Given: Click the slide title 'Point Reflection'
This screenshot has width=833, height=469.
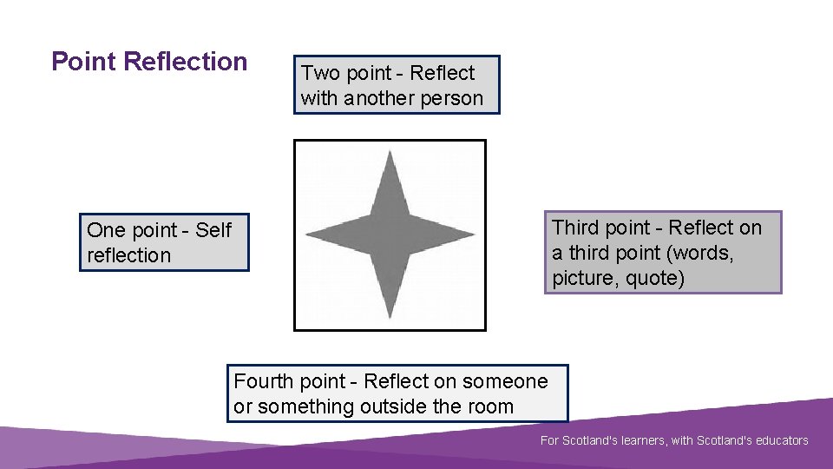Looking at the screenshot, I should pyautogui.click(x=149, y=62).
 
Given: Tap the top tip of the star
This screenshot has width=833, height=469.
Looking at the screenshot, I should pyautogui.click(x=390, y=154).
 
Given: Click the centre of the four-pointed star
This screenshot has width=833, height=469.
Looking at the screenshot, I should pyautogui.click(x=390, y=234).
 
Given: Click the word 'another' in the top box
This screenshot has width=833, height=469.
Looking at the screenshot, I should pyautogui.click(x=378, y=98).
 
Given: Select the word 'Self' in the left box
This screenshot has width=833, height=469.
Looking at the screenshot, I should pyautogui.click(x=213, y=230).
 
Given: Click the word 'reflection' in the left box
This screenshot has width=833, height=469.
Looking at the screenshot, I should pyautogui.click(x=129, y=255).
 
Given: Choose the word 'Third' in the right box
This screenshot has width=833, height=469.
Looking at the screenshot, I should pyautogui.click(x=576, y=228).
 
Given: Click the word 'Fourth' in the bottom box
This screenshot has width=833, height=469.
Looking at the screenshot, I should pyautogui.click(x=264, y=381).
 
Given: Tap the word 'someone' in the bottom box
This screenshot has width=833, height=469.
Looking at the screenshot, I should pyautogui.click(x=505, y=381).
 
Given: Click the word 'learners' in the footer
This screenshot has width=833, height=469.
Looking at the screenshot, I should pyautogui.click(x=641, y=440).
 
